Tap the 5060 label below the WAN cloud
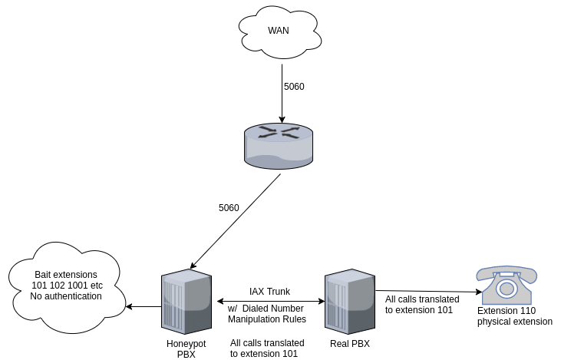(x=294, y=87)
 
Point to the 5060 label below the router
(x=229, y=208)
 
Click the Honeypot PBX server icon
(x=186, y=300)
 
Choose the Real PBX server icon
(x=349, y=300)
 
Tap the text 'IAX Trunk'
(x=269, y=292)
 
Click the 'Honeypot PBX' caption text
(x=186, y=348)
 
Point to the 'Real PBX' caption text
(x=349, y=344)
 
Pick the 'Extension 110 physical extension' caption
(x=514, y=316)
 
